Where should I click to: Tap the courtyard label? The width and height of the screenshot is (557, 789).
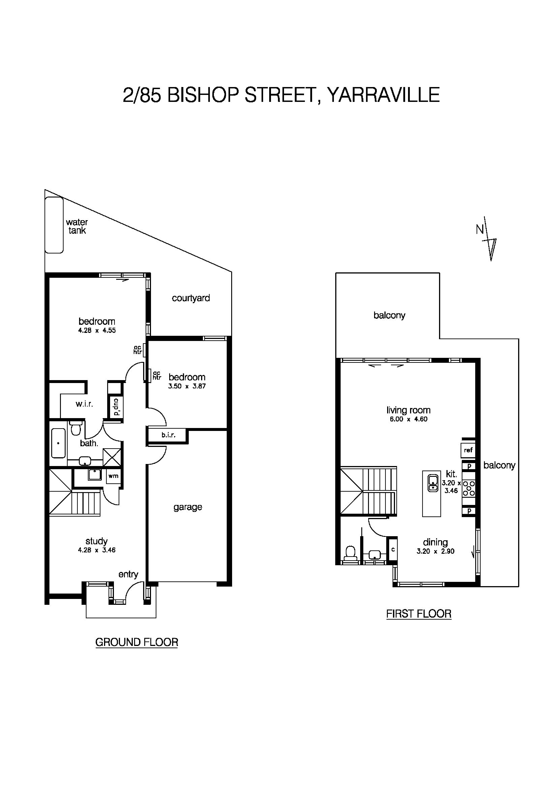pyautogui.click(x=191, y=298)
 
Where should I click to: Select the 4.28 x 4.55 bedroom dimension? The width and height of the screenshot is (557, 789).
pyautogui.click(x=97, y=331)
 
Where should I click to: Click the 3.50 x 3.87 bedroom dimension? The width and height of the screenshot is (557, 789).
pyautogui.click(x=187, y=386)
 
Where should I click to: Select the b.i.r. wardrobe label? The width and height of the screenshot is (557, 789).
pyautogui.click(x=168, y=435)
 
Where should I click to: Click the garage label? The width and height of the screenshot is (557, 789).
pyautogui.click(x=187, y=507)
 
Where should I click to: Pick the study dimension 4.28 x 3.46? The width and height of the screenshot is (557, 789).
pyautogui.click(x=97, y=550)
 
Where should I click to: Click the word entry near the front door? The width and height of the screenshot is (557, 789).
pyautogui.click(x=128, y=574)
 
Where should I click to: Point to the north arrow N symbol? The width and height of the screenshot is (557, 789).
pyautogui.click(x=480, y=229)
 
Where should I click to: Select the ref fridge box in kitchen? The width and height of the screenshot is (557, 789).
pyautogui.click(x=468, y=450)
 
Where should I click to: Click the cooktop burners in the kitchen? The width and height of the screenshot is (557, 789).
pyautogui.click(x=469, y=488)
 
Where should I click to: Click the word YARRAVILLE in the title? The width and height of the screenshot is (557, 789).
pyautogui.click(x=383, y=95)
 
